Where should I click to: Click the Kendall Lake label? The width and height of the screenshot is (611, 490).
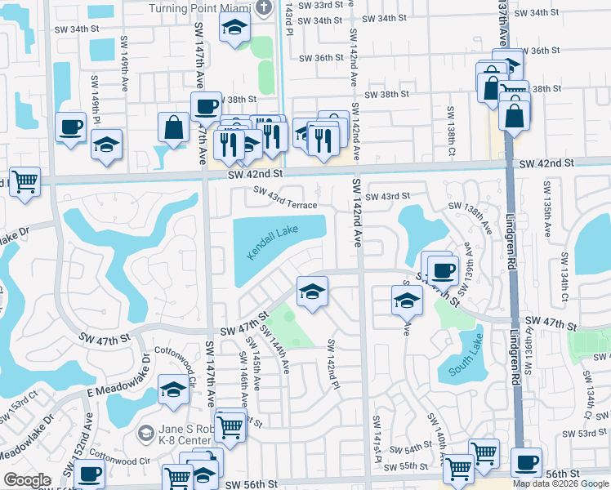click(x=274, y=243)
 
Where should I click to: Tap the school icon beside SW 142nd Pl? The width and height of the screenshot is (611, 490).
click(x=311, y=292)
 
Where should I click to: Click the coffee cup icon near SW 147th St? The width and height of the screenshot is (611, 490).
click(x=443, y=270)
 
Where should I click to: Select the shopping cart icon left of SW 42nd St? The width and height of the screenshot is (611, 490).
click(x=25, y=182)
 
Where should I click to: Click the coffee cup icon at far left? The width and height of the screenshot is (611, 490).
click(x=70, y=127)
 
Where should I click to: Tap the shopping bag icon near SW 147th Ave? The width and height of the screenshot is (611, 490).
click(x=174, y=127)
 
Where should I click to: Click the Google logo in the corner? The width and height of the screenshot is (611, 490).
click(x=27, y=480)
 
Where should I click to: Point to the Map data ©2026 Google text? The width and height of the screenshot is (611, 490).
click(x=560, y=483)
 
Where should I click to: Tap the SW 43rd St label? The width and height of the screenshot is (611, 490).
click(x=386, y=196)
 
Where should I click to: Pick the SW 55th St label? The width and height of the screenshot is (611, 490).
click(x=408, y=465)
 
